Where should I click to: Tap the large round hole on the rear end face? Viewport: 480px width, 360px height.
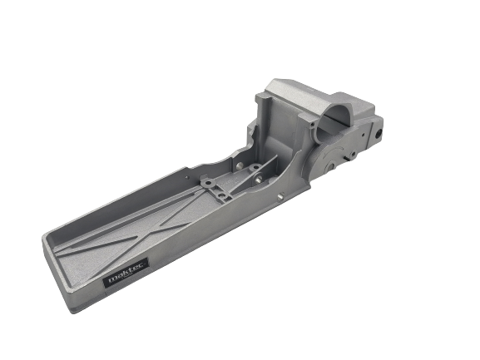[x=378, y=131]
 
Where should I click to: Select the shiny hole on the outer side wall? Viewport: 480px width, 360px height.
[x=281, y=196]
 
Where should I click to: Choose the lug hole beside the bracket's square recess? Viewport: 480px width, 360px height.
[x=206, y=182]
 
